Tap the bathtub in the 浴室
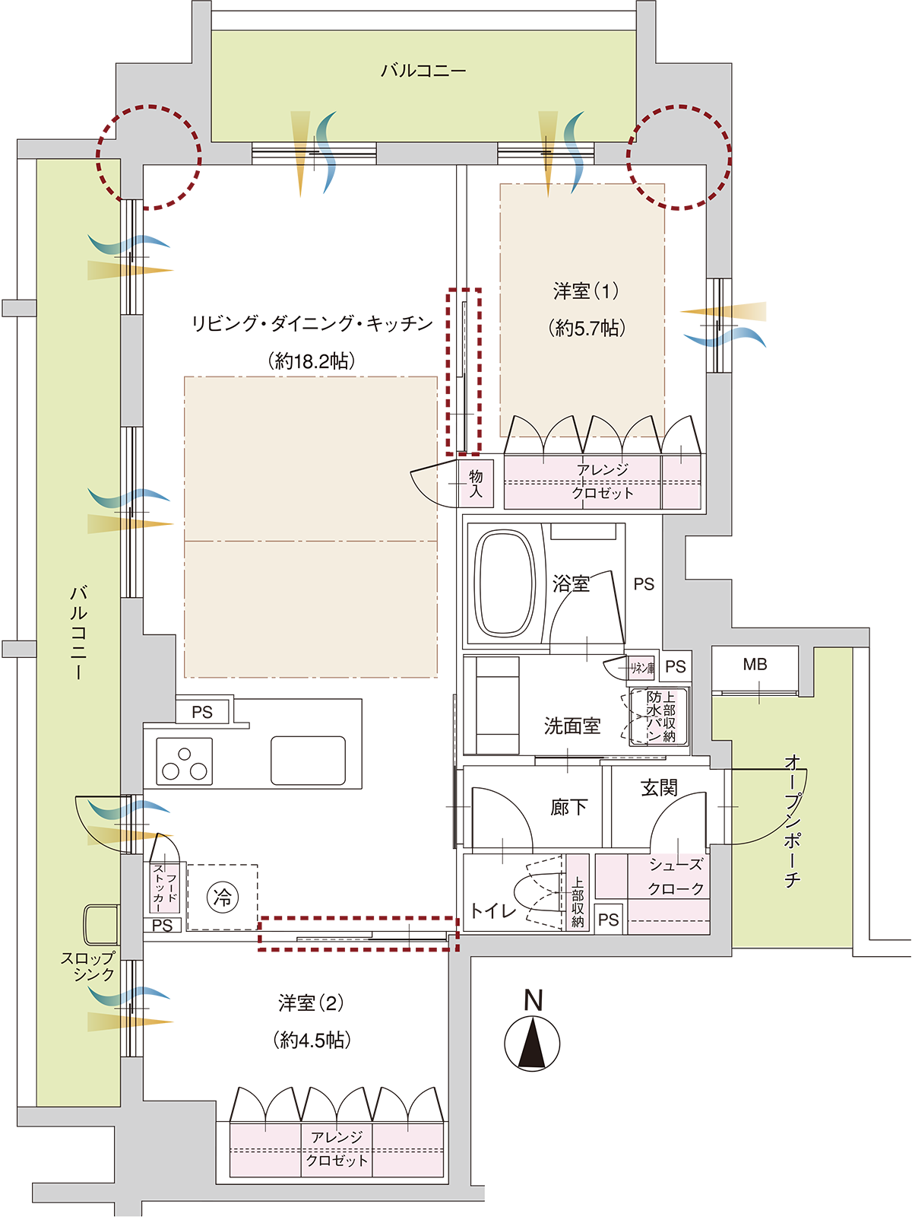click(505, 584)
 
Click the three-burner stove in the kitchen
click(184, 761)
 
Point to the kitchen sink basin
click(308, 760)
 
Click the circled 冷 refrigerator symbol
click(223, 897)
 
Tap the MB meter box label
click(755, 664)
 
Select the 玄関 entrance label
click(659, 788)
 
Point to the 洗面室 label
click(572, 726)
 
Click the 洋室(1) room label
click(587, 291)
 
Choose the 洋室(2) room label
click(311, 1003)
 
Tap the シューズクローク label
click(676, 876)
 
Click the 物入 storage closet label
click(476, 484)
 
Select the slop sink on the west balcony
click(101, 924)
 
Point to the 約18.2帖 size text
click(311, 361)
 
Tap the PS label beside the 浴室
click(644, 584)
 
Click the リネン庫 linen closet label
click(642, 668)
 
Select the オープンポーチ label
click(793, 821)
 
